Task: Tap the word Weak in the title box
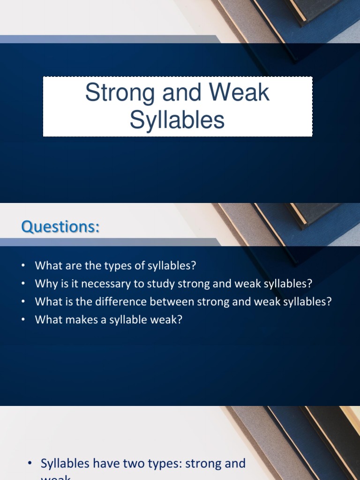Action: tap(240, 93)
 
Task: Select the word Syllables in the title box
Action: tap(177, 120)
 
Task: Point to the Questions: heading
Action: tap(60, 227)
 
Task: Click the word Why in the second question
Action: tap(45, 284)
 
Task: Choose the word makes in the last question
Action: tap(75, 319)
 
